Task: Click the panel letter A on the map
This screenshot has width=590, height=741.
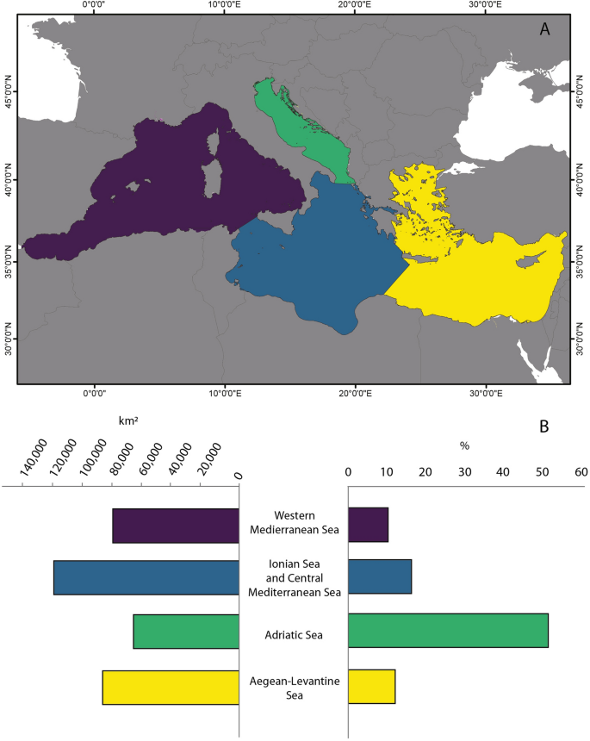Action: pos(544,29)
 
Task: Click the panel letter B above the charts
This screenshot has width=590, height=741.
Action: pos(543,425)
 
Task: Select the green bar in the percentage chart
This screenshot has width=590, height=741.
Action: pos(448,631)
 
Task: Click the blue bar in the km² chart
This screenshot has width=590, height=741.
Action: pos(146,577)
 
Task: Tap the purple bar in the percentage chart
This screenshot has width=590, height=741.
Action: pos(368,525)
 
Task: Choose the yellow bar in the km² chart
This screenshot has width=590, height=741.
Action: pos(171,687)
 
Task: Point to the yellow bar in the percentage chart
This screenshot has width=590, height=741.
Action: pos(371,687)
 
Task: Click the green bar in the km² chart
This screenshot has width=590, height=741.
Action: pos(186,631)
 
